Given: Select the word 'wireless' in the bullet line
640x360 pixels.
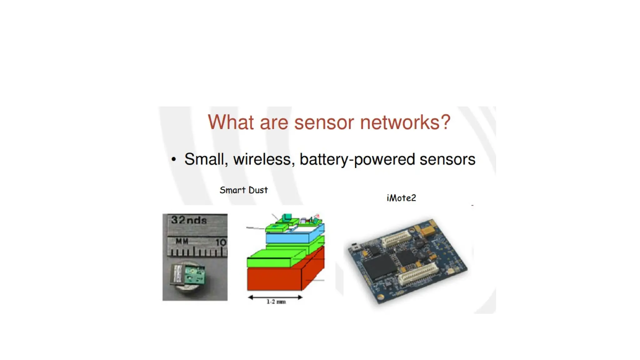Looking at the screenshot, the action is click(x=262, y=159).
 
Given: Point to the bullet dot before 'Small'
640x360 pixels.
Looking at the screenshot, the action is click(x=174, y=160).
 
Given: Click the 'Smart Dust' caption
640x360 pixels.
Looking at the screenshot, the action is click(x=243, y=190).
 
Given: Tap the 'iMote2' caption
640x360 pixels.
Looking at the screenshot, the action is click(x=401, y=198).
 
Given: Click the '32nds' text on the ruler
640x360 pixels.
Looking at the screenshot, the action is click(x=189, y=220).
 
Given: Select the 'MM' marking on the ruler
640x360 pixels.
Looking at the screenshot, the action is click(x=182, y=241).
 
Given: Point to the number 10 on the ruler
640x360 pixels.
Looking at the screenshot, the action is click(x=221, y=242).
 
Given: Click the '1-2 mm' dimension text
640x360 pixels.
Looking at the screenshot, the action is click(x=276, y=302).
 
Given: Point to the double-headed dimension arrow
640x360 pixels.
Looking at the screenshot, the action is click(x=275, y=297).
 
